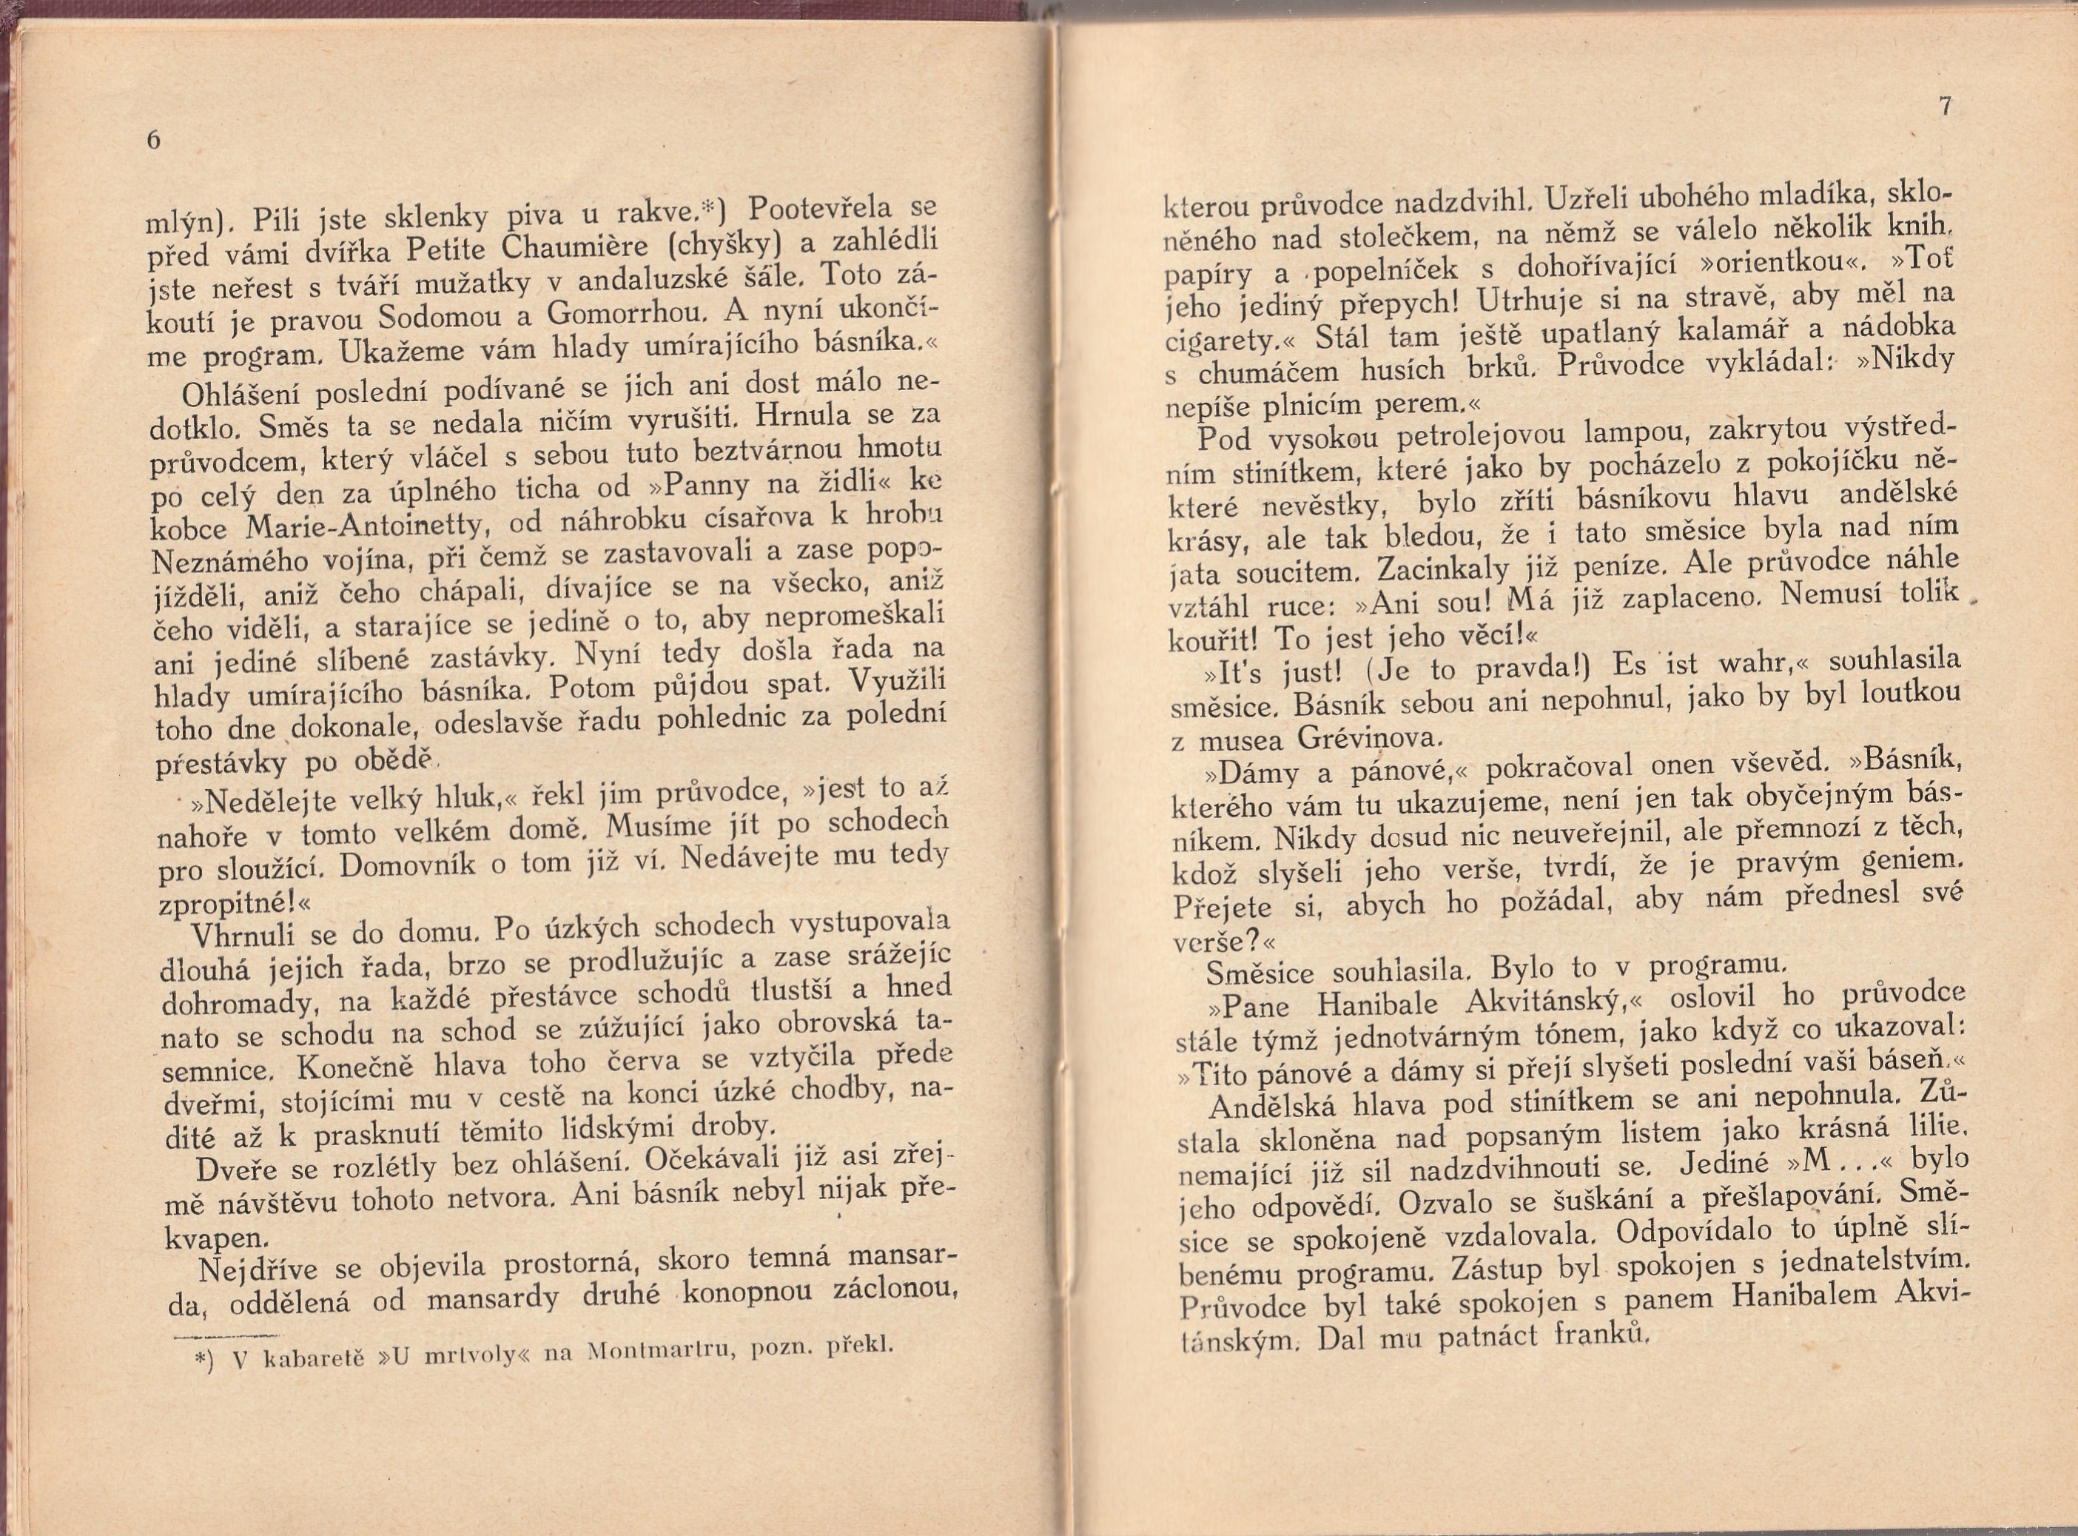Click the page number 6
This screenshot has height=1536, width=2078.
click(154, 141)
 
